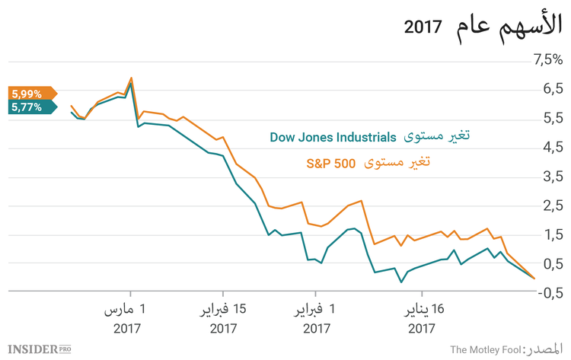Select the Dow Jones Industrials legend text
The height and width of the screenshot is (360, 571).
pos(333,138)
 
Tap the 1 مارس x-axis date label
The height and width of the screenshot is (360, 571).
pos(129,311)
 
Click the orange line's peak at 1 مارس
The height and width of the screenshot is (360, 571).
pos(131,78)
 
